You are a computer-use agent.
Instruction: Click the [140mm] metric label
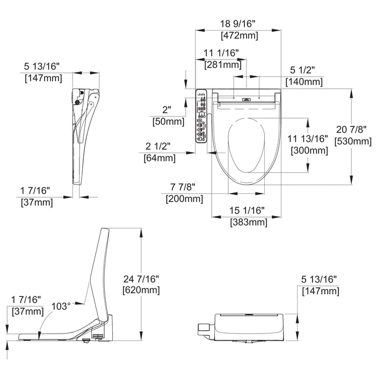coord(304,82)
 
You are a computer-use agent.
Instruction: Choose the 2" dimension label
coord(167,110)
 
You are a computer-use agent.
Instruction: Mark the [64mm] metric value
coord(159,158)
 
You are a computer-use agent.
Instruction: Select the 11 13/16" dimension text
coord(307,139)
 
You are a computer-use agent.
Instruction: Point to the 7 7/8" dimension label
coord(183,187)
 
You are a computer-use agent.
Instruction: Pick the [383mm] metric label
coord(248,222)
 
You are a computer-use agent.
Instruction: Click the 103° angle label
coord(61,306)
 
